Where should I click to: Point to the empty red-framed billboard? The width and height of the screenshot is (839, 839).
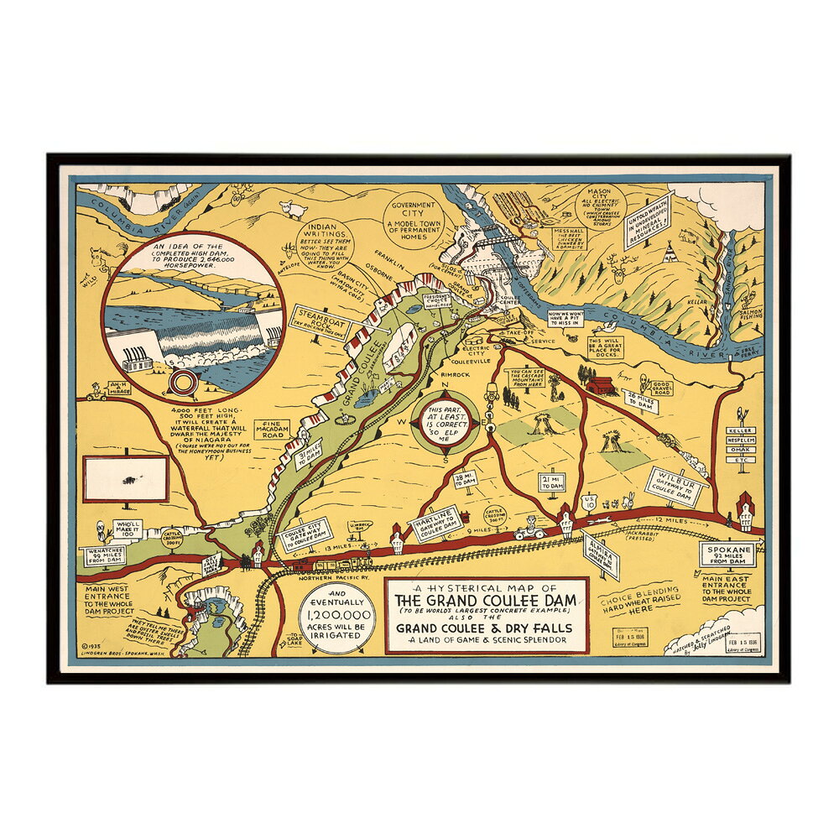click(127, 481)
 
